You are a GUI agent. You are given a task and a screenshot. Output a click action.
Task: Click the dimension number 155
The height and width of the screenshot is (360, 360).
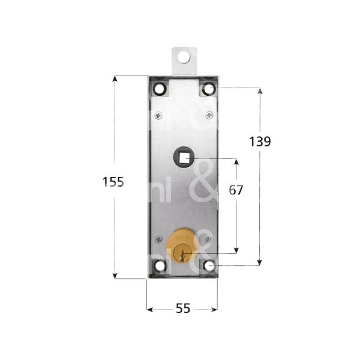click(x=113, y=182)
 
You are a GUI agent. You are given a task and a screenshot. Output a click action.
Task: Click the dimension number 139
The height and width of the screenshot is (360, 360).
click(x=259, y=142)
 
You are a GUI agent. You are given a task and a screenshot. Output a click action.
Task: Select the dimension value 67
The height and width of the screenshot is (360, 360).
click(x=236, y=190)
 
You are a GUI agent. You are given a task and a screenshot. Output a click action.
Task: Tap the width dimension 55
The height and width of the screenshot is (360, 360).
click(x=182, y=308)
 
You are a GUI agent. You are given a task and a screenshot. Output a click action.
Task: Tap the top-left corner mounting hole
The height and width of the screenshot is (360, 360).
click(x=159, y=89)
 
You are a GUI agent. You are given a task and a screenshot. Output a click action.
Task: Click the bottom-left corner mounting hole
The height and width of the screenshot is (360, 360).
click(x=159, y=264)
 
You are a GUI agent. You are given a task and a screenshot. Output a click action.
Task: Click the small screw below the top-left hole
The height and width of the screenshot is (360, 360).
click(x=158, y=115)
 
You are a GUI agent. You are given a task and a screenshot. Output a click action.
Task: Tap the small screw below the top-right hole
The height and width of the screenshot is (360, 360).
click(x=208, y=115)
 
